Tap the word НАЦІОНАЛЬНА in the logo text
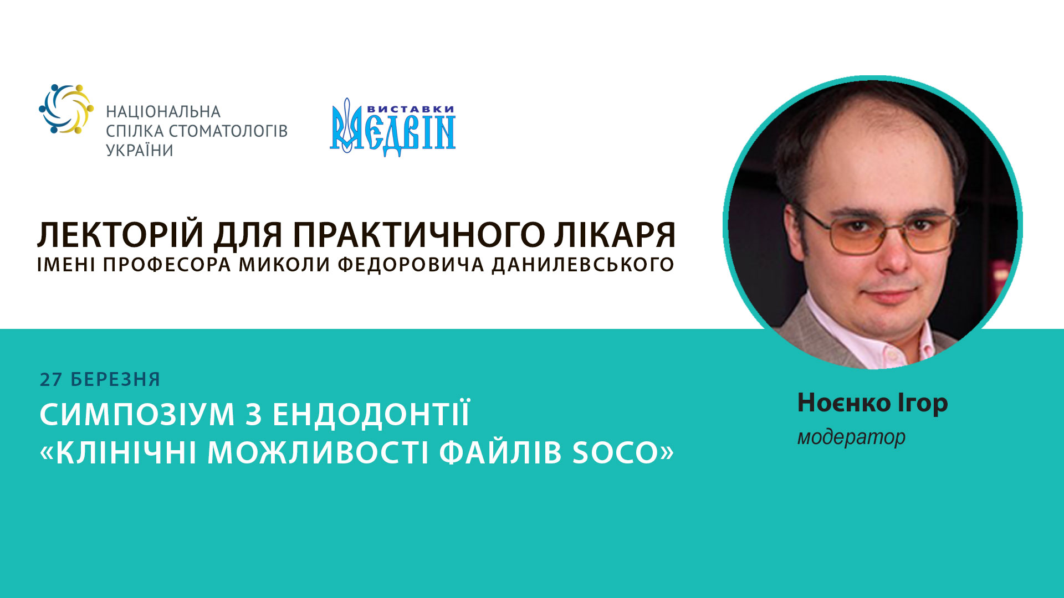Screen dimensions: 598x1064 pos(163,112)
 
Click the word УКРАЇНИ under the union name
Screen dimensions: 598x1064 pos(140,151)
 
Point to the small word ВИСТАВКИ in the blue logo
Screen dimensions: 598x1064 pos(411,109)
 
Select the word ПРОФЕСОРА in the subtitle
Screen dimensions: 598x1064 pos(167,265)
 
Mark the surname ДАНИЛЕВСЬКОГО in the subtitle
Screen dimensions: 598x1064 pos(583,265)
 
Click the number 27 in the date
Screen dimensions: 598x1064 pos(51,380)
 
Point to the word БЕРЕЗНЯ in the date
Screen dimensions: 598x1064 pos(115,380)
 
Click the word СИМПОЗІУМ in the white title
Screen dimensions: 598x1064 pos(137,415)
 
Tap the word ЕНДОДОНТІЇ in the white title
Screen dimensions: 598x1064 pos(371,415)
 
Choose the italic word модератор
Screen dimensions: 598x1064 pos(851,437)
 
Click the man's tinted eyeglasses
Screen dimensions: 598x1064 pos(880,231)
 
